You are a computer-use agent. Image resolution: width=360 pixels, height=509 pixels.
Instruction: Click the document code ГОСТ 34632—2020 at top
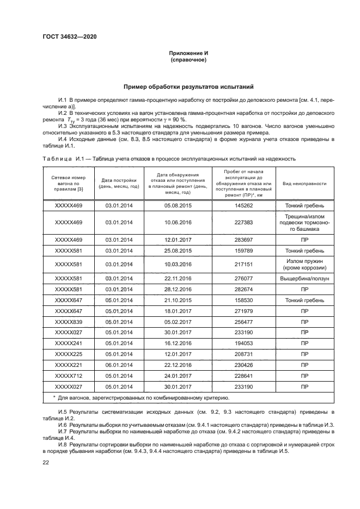click(66, 37)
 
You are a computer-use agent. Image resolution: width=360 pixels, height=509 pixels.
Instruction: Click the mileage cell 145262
click(244, 206)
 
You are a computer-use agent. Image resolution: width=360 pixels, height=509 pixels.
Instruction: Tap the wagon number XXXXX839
click(69, 322)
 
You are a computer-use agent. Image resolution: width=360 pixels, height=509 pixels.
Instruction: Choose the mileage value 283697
click(244, 238)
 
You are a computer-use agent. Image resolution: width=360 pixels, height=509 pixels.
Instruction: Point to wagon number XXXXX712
click(69, 376)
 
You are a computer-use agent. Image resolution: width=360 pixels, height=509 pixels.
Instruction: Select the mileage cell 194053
click(244, 344)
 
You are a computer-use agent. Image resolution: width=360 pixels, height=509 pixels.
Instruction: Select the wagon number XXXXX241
click(69, 344)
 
